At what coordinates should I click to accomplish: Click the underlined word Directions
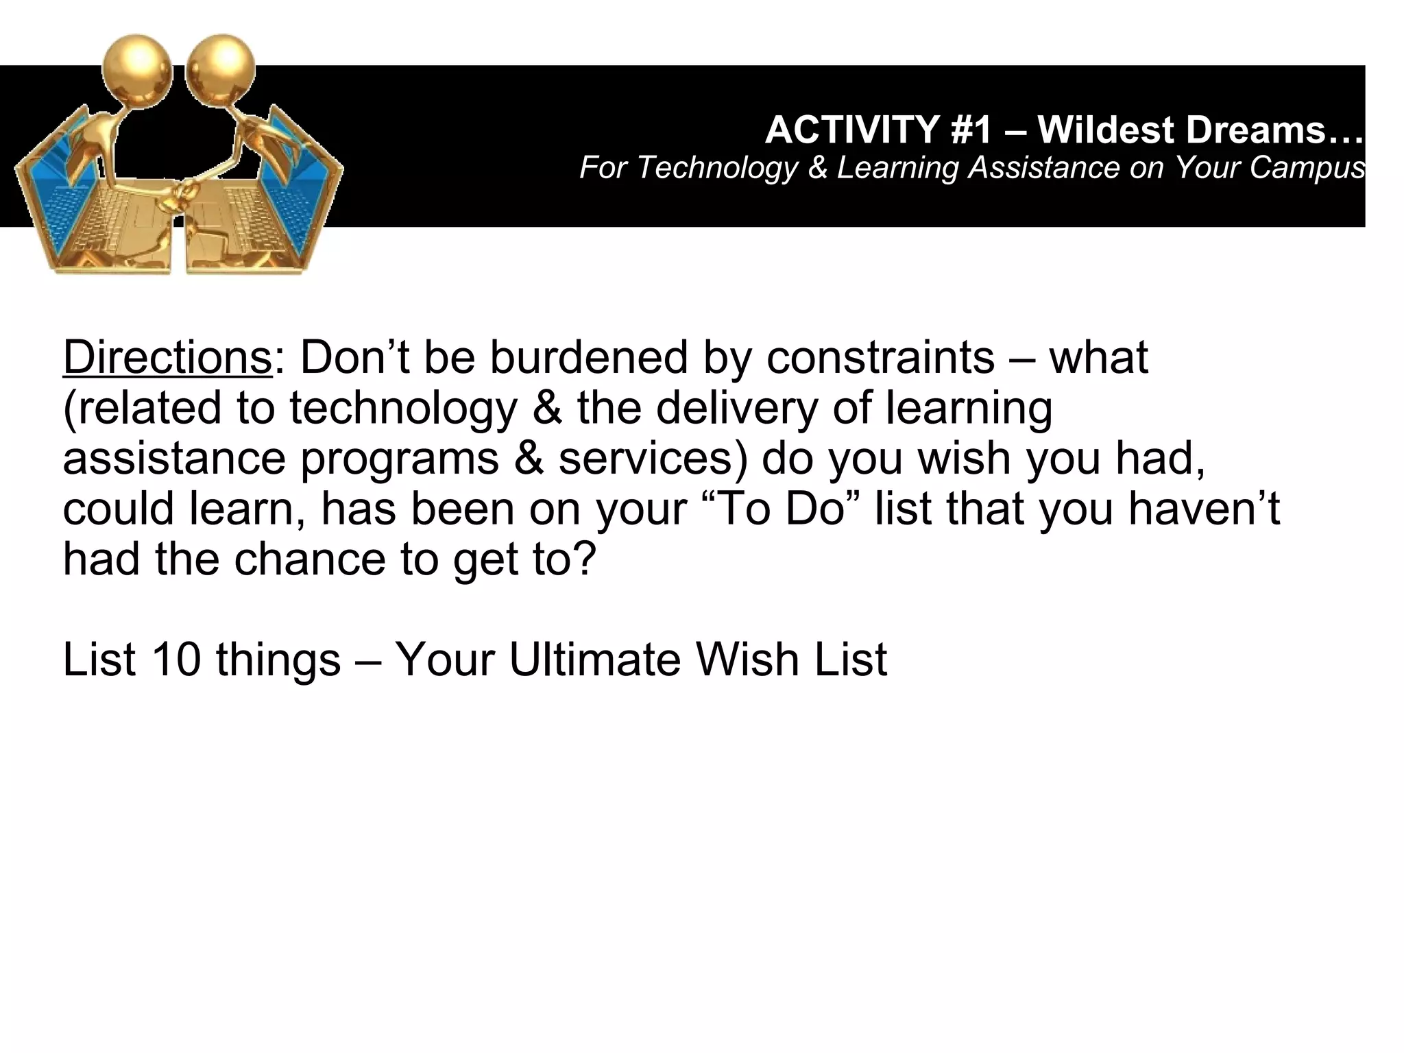coord(167,358)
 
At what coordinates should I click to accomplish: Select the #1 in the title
coord(971,130)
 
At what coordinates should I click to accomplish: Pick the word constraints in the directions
coord(880,358)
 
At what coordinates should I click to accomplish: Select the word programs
coord(400,459)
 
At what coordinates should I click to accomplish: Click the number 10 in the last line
coord(176,660)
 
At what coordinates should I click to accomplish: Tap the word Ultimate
coord(594,660)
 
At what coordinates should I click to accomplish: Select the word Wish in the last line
coord(747,660)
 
